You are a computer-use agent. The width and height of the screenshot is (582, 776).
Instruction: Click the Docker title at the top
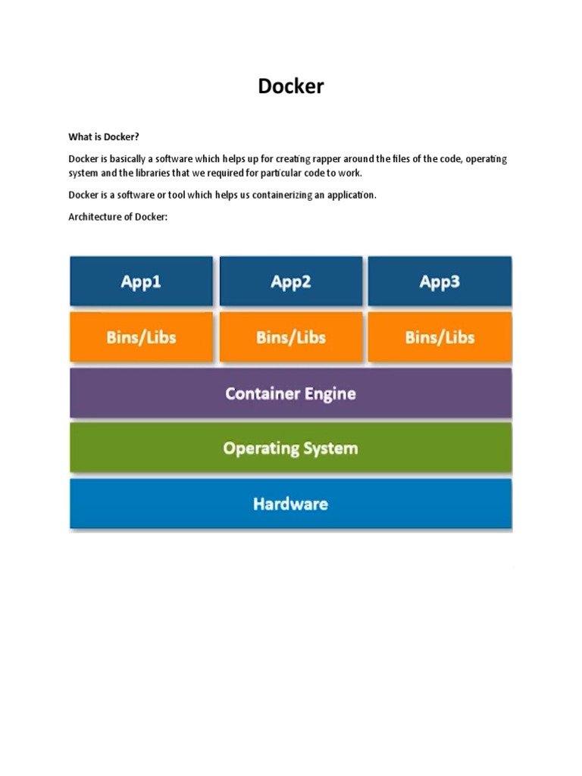290,86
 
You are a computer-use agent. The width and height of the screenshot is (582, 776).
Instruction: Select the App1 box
141,282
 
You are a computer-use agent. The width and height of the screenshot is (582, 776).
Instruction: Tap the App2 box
290,282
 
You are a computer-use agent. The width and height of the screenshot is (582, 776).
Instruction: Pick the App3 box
440,282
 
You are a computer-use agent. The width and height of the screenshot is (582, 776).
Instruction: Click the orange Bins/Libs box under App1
141,337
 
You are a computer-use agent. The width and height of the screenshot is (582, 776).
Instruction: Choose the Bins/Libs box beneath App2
290,337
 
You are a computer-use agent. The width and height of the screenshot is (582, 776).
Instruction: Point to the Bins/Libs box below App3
440,337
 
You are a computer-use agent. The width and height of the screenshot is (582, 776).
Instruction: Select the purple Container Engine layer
290,393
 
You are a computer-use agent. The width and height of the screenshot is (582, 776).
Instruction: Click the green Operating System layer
290,448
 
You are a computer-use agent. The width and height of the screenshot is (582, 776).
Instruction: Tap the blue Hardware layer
290,503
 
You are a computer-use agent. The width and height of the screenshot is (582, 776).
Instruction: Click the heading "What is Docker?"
104,137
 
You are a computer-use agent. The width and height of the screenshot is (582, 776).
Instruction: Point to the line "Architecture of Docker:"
117,217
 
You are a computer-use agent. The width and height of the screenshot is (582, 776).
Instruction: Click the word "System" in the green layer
332,448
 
